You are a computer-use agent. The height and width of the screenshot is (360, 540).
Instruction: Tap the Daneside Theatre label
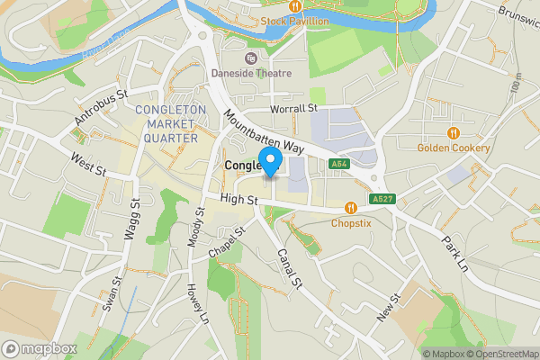point(251,73)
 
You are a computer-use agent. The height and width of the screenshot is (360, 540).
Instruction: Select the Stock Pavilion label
point(296,21)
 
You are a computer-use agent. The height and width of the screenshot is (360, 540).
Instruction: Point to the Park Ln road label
point(455,256)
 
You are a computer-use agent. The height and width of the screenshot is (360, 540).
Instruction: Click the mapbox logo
point(40,348)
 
